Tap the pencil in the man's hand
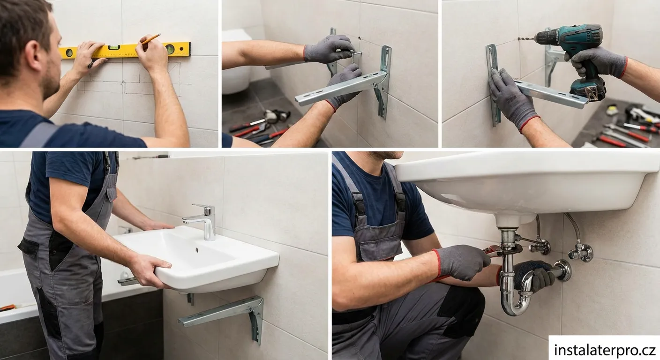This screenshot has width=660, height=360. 151,39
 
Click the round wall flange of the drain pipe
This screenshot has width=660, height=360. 563,270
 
